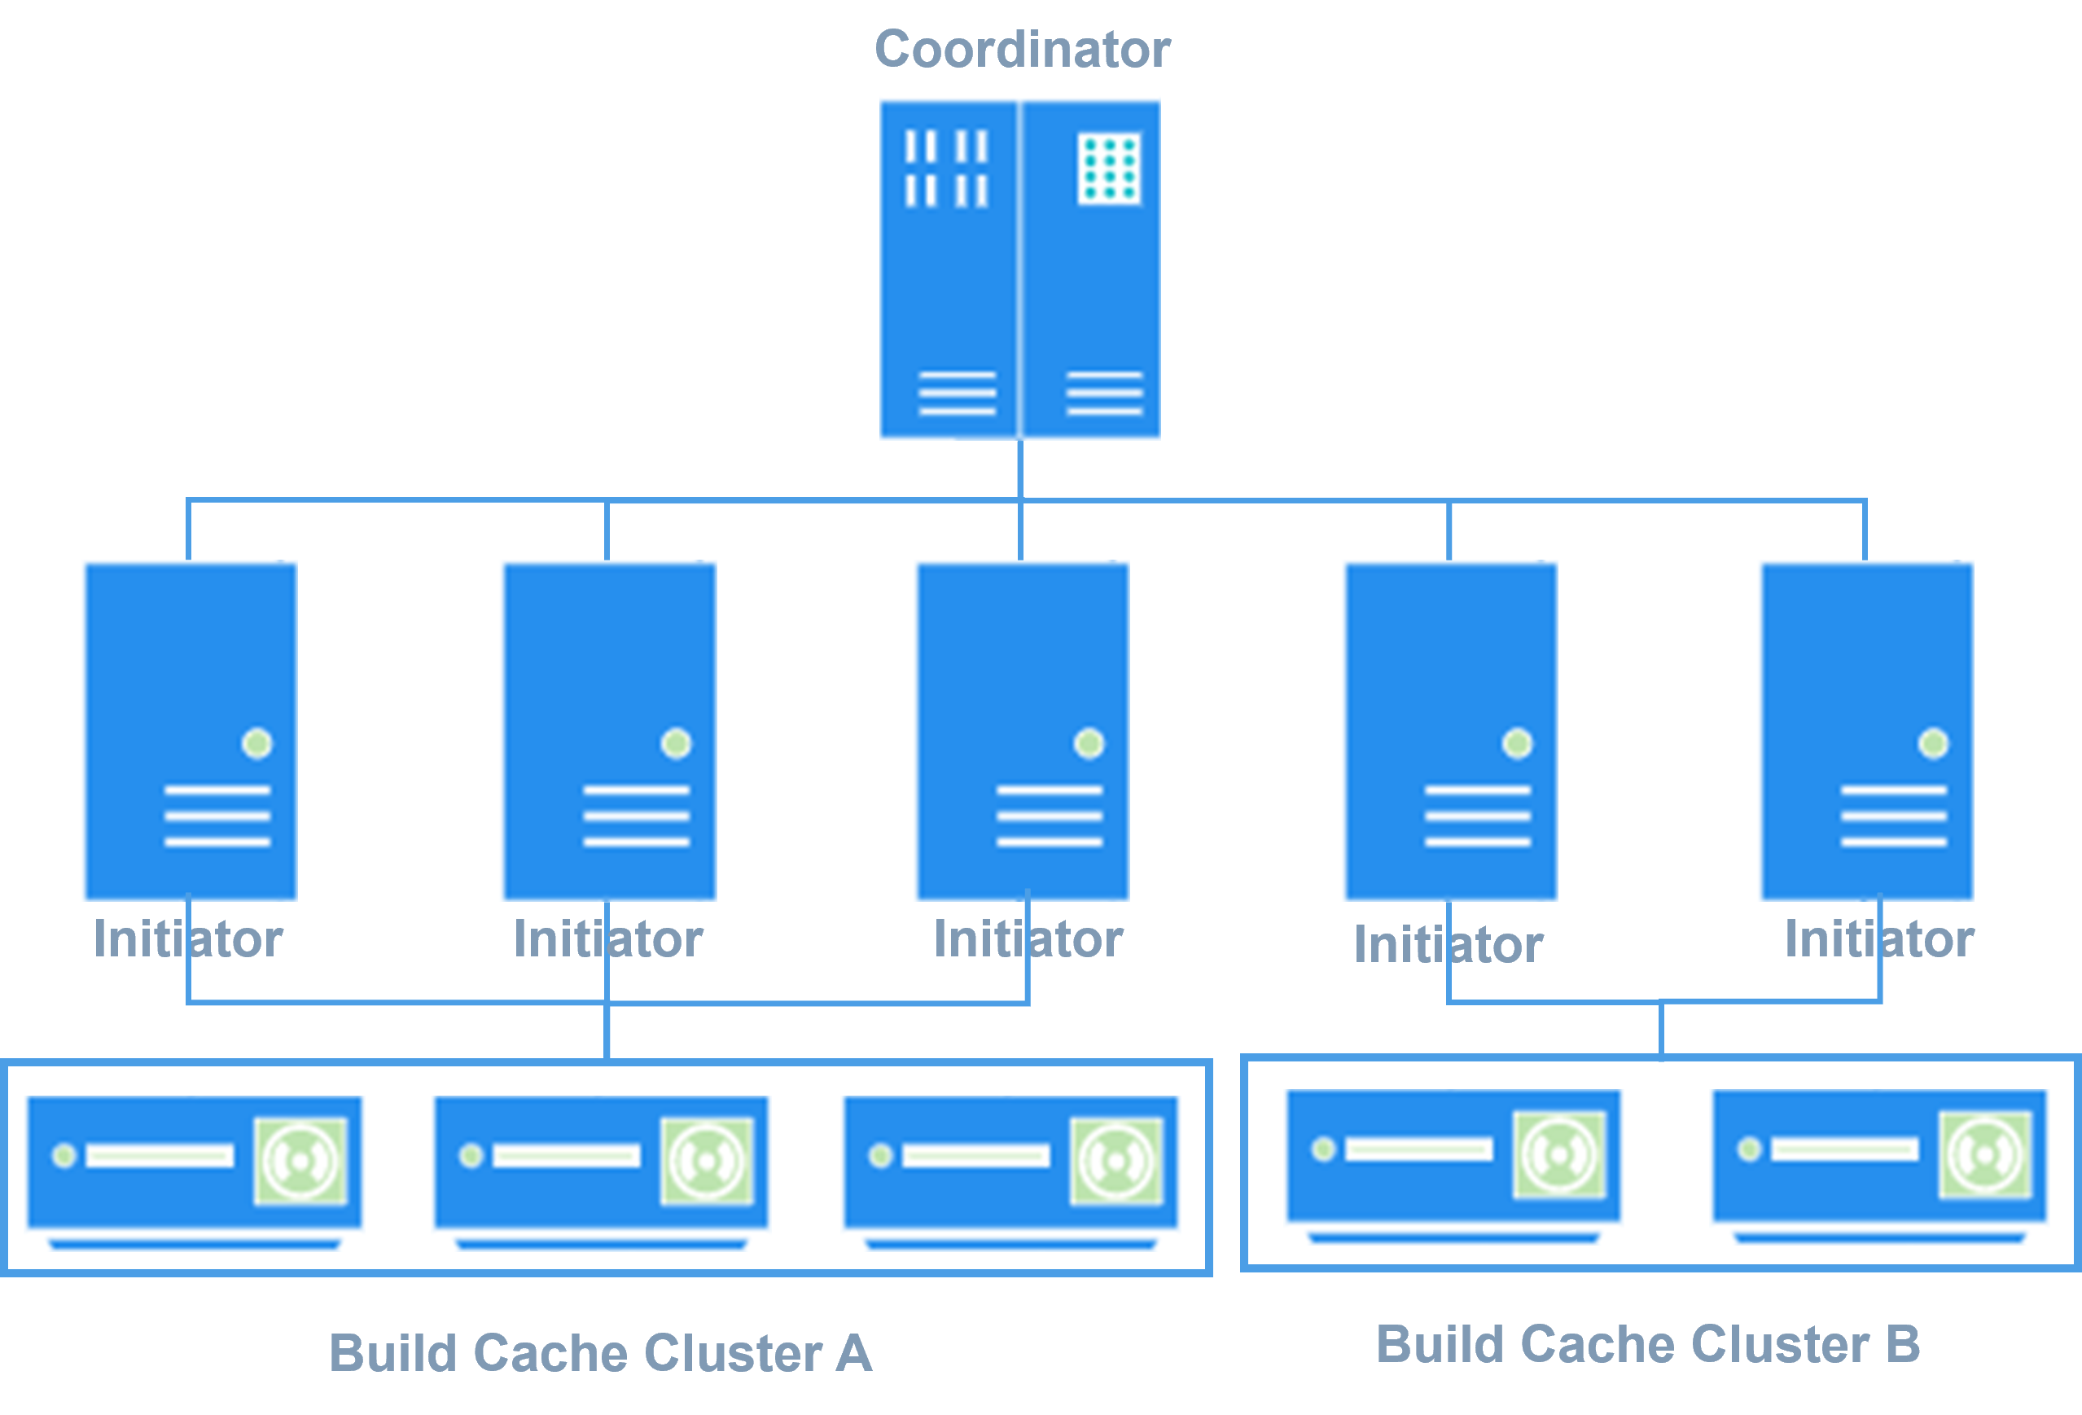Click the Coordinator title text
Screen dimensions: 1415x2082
(x=1021, y=50)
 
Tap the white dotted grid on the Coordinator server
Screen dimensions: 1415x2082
(x=1109, y=169)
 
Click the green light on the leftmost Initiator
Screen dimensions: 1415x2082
(x=257, y=743)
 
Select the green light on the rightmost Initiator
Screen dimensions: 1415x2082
(x=1932, y=743)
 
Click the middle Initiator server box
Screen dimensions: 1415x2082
(x=1019, y=681)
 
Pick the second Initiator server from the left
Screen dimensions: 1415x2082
(x=607, y=681)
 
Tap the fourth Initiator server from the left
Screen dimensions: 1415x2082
(x=1448, y=681)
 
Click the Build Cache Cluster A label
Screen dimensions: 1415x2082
(x=600, y=1352)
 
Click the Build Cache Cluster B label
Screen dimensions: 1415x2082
(x=1648, y=1344)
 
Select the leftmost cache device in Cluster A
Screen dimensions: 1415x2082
(x=195, y=1172)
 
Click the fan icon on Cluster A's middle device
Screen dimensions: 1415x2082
(x=707, y=1161)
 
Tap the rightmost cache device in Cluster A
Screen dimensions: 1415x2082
(x=1010, y=1172)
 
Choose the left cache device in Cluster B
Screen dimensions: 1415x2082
(x=1453, y=1166)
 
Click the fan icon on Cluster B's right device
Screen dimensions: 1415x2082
(x=1984, y=1154)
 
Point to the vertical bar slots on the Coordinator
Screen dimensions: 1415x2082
(x=946, y=169)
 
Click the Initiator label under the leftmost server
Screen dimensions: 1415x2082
(x=188, y=939)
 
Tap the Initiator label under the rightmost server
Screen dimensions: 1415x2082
(x=1879, y=939)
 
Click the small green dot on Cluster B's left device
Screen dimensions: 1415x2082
(x=1323, y=1149)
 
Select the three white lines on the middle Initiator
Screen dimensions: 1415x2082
(x=1049, y=815)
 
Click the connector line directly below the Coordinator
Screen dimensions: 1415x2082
(x=1020, y=468)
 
